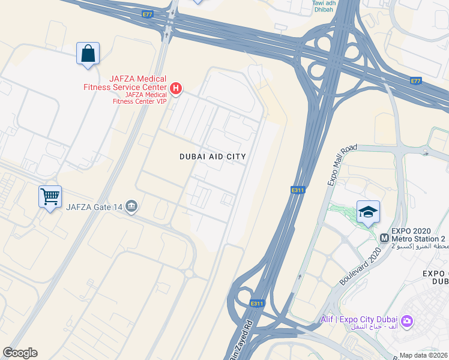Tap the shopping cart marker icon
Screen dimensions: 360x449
click(x=50, y=196)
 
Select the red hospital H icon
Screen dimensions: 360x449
click(x=176, y=89)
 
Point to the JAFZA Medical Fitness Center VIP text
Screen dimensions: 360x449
click(x=139, y=98)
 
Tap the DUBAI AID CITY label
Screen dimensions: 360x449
click(x=212, y=157)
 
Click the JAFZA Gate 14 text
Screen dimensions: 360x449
click(x=95, y=208)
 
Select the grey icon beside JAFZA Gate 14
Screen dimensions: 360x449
click(x=132, y=208)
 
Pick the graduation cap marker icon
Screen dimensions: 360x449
click(x=368, y=212)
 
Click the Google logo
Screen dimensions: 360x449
click(x=20, y=353)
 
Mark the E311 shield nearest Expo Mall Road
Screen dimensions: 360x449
click(x=297, y=190)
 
